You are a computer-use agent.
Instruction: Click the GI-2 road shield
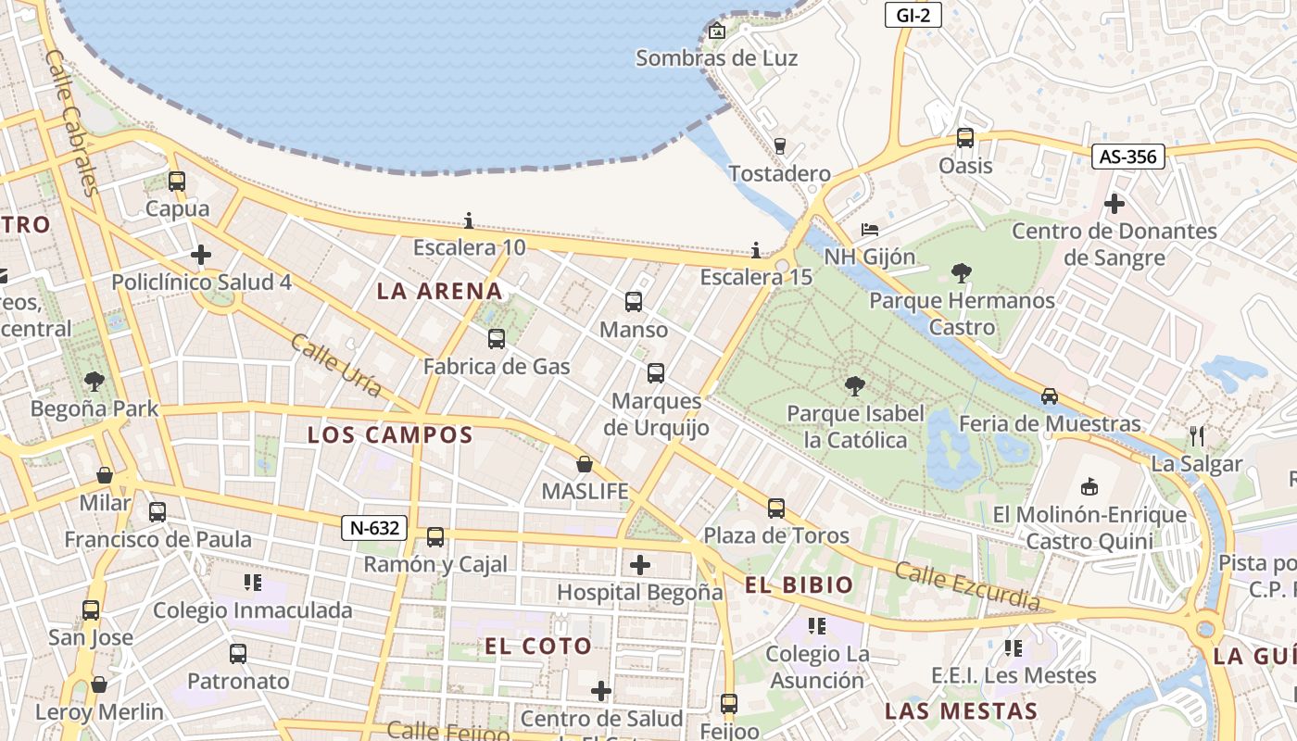913,15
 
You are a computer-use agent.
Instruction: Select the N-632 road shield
374,528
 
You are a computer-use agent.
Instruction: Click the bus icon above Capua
177,182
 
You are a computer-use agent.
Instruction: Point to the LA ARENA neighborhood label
439,291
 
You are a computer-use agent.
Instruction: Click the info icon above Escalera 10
469,220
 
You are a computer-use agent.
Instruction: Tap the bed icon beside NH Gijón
869,229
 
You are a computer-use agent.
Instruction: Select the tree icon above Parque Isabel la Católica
854,385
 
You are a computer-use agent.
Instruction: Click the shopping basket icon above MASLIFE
585,464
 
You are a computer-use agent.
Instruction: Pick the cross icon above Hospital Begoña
639,564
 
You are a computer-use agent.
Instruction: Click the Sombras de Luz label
716,58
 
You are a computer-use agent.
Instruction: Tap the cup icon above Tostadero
779,145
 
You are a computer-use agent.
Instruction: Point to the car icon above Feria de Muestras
1049,396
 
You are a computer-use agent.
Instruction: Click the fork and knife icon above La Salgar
1197,435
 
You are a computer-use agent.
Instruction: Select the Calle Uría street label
335,365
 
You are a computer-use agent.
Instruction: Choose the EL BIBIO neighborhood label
799,584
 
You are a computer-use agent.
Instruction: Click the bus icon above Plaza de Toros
775,509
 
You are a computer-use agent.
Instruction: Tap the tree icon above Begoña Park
94,381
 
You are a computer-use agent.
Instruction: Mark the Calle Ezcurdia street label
967,585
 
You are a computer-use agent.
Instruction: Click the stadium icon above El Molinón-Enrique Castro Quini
1089,486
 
